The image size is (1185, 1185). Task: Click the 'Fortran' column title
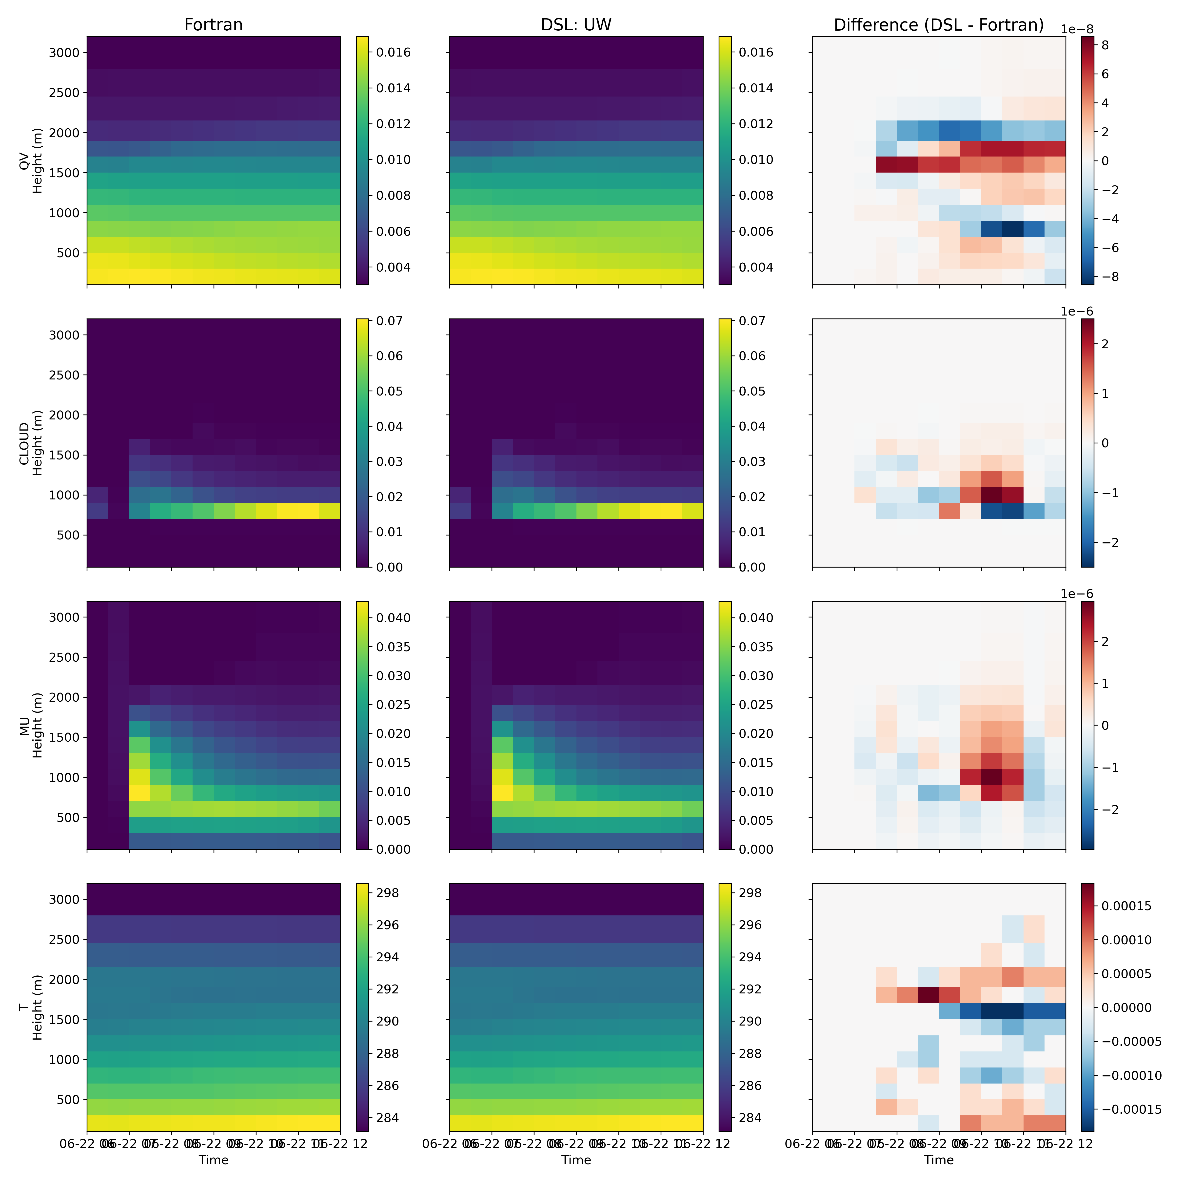(214, 24)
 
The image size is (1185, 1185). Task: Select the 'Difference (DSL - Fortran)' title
(938, 24)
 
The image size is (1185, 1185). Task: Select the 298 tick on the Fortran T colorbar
(386, 893)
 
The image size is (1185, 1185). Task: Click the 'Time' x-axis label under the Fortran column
(214, 1160)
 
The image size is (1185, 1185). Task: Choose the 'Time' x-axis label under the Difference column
(938, 1160)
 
